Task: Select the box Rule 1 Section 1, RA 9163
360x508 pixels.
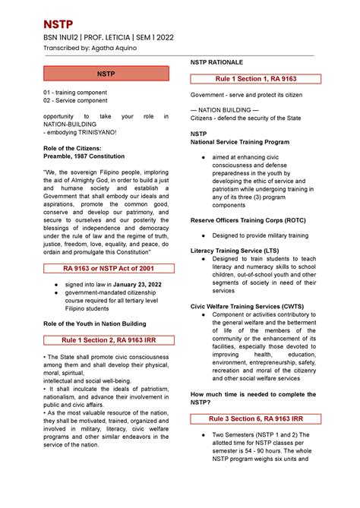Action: (251, 79)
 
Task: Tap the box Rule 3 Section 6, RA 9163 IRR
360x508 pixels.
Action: (251, 418)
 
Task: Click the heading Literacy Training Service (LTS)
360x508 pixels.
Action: (234, 250)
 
